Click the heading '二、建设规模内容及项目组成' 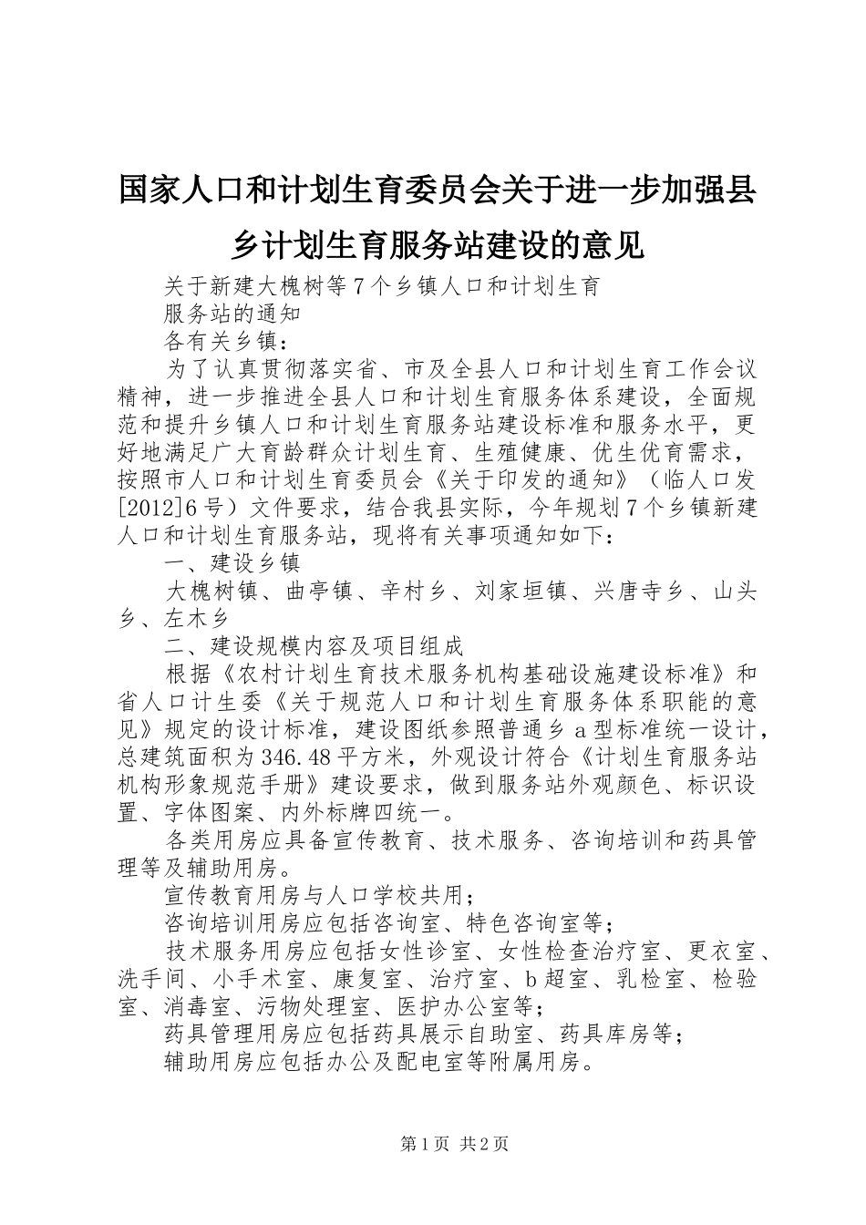click(314, 646)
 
